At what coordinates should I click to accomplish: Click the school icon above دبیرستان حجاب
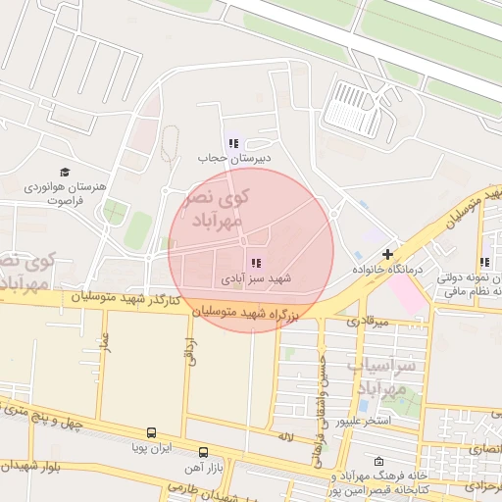232,144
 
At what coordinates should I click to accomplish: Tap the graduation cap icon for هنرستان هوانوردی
65,172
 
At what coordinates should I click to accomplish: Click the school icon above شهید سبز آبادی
256,263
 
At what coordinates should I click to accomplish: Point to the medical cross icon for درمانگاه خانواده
388,254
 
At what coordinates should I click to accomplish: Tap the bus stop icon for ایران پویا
151,431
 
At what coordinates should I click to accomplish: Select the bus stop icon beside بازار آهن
203,452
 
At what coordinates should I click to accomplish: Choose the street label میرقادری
369,321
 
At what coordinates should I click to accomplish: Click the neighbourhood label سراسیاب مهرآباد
389,376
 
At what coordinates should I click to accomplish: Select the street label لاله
286,435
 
